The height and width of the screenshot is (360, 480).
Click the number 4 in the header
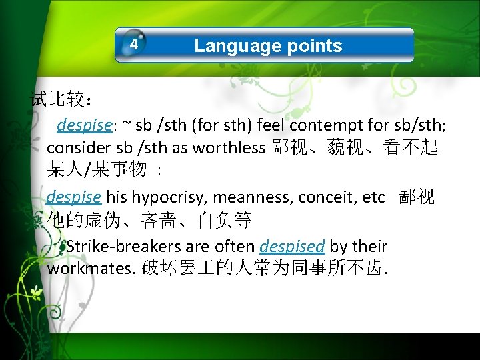click(x=134, y=45)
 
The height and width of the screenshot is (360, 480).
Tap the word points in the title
click(x=314, y=45)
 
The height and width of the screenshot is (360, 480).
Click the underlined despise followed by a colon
click(x=84, y=125)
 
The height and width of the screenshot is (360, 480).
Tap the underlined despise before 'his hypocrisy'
click(x=74, y=197)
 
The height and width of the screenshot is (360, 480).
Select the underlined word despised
click(x=292, y=247)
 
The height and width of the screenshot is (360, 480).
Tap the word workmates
click(x=91, y=269)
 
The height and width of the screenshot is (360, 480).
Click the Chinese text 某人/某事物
click(x=97, y=170)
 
